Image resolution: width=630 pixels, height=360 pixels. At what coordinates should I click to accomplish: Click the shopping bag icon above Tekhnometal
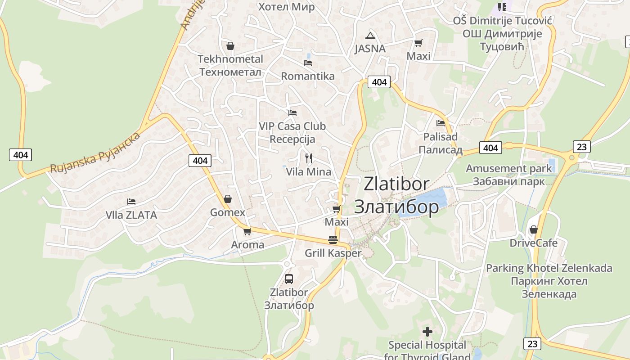(230, 46)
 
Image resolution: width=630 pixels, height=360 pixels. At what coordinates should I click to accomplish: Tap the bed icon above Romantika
(308, 63)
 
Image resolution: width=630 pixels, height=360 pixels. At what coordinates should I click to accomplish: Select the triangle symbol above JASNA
(370, 36)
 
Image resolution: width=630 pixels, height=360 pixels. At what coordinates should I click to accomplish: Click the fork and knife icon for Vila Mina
(309, 158)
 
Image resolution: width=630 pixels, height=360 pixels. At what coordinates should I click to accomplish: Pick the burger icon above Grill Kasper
(333, 239)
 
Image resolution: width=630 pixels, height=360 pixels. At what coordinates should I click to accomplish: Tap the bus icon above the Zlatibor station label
(289, 279)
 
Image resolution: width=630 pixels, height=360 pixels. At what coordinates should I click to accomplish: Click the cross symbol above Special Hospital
(427, 332)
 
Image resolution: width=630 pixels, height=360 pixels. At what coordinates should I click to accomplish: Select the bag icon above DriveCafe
(534, 229)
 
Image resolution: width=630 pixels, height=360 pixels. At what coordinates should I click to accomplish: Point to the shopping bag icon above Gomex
(228, 199)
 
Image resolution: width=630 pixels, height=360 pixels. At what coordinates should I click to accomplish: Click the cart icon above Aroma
(247, 231)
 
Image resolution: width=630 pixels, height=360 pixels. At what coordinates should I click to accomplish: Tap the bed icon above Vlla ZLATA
(131, 202)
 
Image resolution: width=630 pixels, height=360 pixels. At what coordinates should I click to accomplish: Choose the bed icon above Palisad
(441, 123)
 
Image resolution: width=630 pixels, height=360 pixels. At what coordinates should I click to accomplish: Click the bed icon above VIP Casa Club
(292, 113)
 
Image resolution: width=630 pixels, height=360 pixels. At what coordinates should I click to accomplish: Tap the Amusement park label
(508, 169)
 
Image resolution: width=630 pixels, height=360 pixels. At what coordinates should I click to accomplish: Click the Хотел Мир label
(286, 7)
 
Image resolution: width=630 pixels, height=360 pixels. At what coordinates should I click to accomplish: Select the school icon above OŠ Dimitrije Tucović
(502, 7)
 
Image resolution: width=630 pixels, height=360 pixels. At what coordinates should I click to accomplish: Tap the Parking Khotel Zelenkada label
(549, 268)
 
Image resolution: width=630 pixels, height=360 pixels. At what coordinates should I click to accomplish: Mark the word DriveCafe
(534, 243)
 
